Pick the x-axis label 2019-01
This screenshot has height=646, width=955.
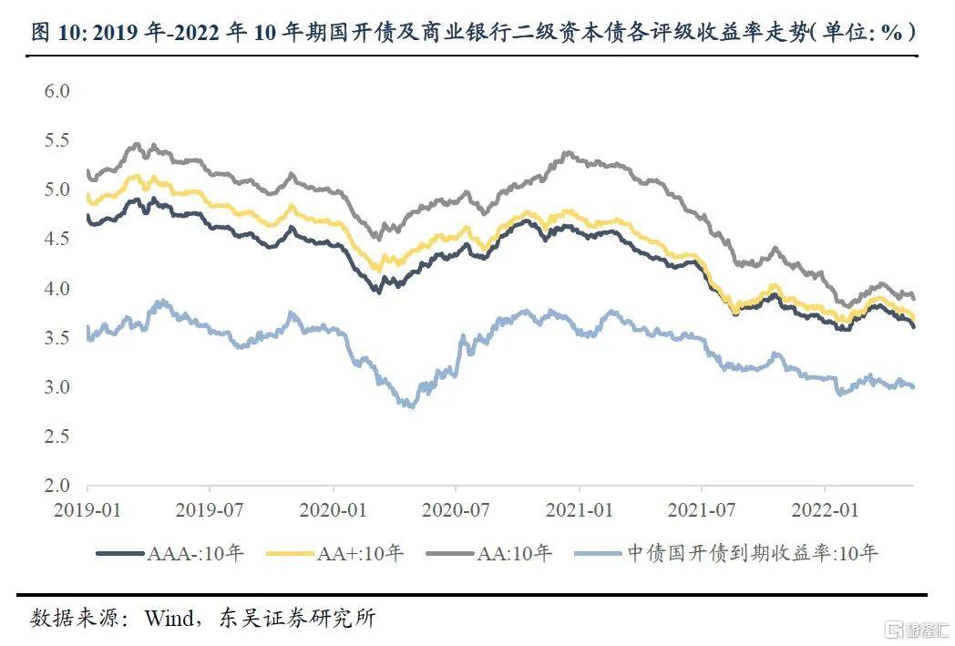(87, 508)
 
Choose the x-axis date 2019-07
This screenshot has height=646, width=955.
(210, 508)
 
